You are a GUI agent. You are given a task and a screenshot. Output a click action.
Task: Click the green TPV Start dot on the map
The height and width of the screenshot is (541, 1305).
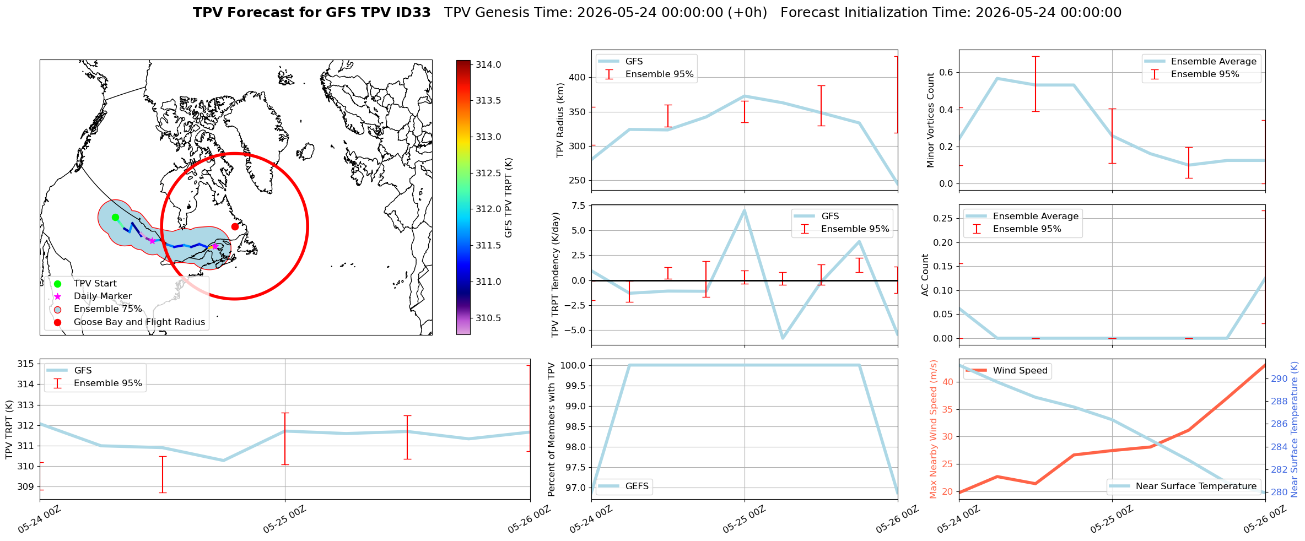pyautogui.click(x=115, y=217)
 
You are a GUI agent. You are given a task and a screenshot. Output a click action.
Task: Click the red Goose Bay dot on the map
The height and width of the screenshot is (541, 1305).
pyautogui.click(x=235, y=226)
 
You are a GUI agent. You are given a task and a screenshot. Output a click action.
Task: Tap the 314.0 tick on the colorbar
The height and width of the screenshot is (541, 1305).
pyautogui.click(x=488, y=64)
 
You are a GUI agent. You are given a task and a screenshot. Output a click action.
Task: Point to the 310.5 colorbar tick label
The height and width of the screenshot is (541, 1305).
pyautogui.click(x=488, y=318)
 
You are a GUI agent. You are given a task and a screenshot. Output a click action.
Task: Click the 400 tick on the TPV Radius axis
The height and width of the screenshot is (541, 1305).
pyautogui.click(x=576, y=77)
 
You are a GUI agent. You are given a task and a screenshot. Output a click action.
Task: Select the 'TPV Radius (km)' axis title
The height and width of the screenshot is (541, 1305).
pyautogui.click(x=560, y=120)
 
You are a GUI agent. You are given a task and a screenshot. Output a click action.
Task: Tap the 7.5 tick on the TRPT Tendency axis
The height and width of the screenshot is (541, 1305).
pyautogui.click(x=578, y=205)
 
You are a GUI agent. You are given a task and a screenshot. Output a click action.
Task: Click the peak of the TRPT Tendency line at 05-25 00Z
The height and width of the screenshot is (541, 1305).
pyautogui.click(x=745, y=210)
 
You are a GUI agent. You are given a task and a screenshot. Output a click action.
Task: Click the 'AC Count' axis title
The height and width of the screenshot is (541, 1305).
pyautogui.click(x=925, y=275)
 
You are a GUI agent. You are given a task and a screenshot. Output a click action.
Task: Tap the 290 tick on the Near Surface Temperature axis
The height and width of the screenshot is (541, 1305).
pyautogui.click(x=1280, y=378)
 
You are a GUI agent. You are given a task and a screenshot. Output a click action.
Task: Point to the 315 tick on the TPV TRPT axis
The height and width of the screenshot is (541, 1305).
pyautogui.click(x=25, y=364)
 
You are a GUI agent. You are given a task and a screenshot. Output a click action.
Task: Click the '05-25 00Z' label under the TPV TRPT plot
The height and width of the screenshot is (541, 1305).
pyautogui.click(x=284, y=520)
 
